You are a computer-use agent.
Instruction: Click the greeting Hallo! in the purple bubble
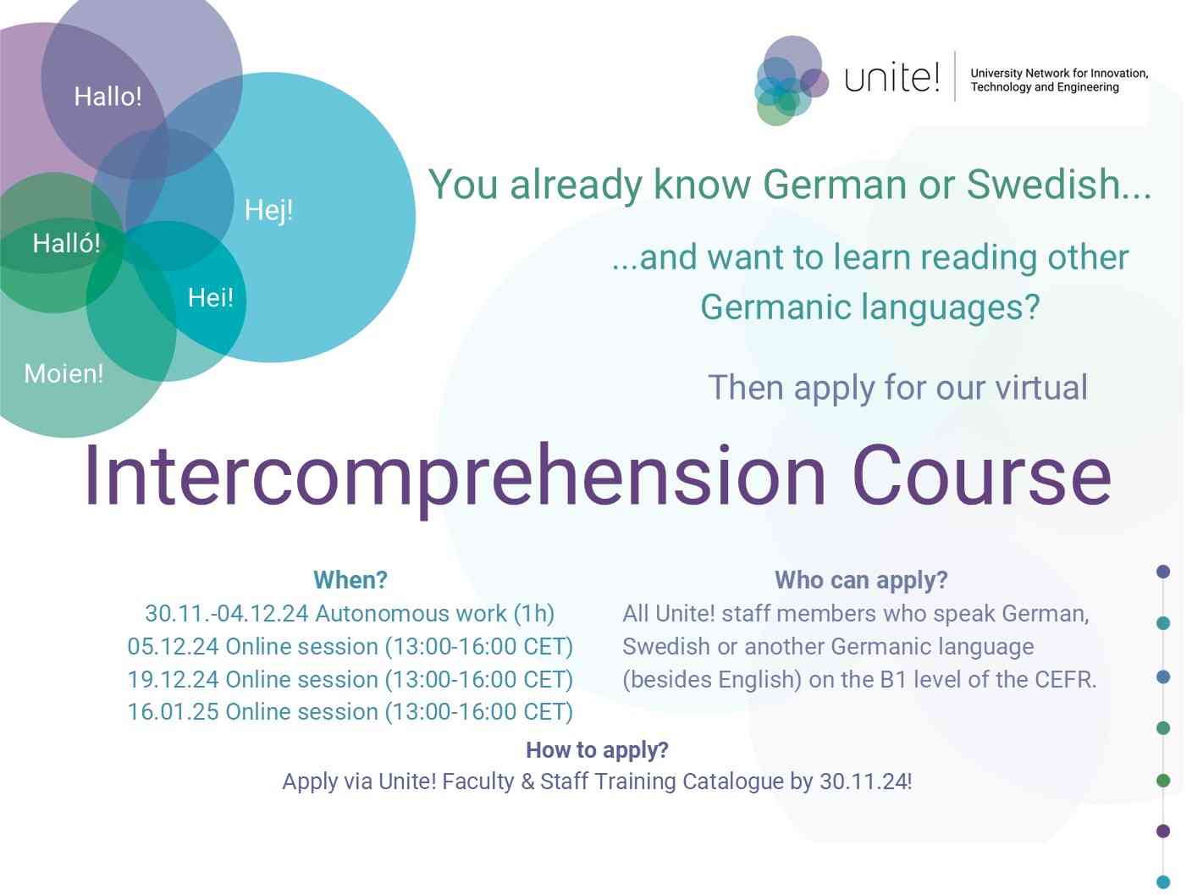[108, 97]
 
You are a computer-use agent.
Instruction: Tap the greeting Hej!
[268, 210]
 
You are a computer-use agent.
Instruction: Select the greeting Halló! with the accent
[66, 244]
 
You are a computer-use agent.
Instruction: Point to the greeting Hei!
[210, 297]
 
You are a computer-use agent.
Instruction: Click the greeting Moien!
[63, 373]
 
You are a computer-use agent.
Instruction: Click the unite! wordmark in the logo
[891, 78]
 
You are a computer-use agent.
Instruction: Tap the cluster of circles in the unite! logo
[788, 81]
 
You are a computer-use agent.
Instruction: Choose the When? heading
[350, 580]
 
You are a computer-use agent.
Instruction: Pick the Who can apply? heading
[860, 580]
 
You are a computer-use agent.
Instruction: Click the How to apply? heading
[597, 750]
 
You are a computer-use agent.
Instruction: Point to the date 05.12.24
[173, 647]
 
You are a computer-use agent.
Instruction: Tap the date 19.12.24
[173, 680]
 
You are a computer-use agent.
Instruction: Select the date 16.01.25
[173, 712]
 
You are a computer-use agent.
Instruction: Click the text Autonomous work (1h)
[434, 613]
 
